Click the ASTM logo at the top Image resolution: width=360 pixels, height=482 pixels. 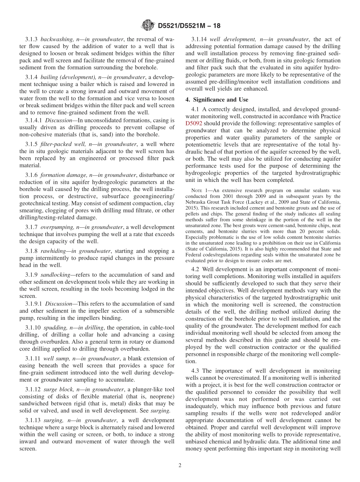[x=147, y=26]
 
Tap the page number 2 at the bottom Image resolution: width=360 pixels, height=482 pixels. [x=180, y=466]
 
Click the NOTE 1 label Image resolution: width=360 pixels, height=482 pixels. [x=200, y=190]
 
